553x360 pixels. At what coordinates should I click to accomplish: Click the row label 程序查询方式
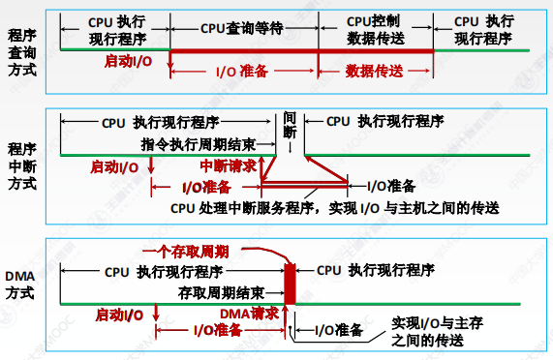tap(22, 53)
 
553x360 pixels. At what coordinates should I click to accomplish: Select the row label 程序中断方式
tap(22, 166)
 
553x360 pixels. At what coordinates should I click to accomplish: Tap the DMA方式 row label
tap(19, 285)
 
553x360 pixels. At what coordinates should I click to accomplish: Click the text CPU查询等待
tap(241, 28)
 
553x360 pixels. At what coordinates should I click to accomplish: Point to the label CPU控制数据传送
tap(375, 30)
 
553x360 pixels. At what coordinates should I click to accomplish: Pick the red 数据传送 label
tap(374, 72)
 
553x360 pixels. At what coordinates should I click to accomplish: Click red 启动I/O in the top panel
tap(128, 62)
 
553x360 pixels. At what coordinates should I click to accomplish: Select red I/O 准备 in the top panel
tap(242, 72)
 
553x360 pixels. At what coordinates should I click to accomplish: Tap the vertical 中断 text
tap(290, 125)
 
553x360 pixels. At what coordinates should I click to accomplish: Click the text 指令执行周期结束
tap(199, 144)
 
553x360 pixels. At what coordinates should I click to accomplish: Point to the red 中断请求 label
tap(229, 165)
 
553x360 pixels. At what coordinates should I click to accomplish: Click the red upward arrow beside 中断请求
tap(261, 169)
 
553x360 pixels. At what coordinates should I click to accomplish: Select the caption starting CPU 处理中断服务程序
tap(335, 208)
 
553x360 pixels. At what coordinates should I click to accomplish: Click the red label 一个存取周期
tap(186, 252)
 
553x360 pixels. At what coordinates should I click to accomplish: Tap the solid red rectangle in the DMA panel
tap(290, 284)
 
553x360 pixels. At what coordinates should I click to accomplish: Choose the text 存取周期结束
tap(221, 292)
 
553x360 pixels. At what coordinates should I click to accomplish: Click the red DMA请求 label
tap(249, 314)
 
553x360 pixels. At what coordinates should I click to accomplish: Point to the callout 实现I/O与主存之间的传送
tap(438, 332)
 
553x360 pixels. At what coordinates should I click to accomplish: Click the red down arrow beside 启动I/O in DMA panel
tap(156, 312)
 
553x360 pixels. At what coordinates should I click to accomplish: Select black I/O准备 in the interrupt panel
tap(391, 186)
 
